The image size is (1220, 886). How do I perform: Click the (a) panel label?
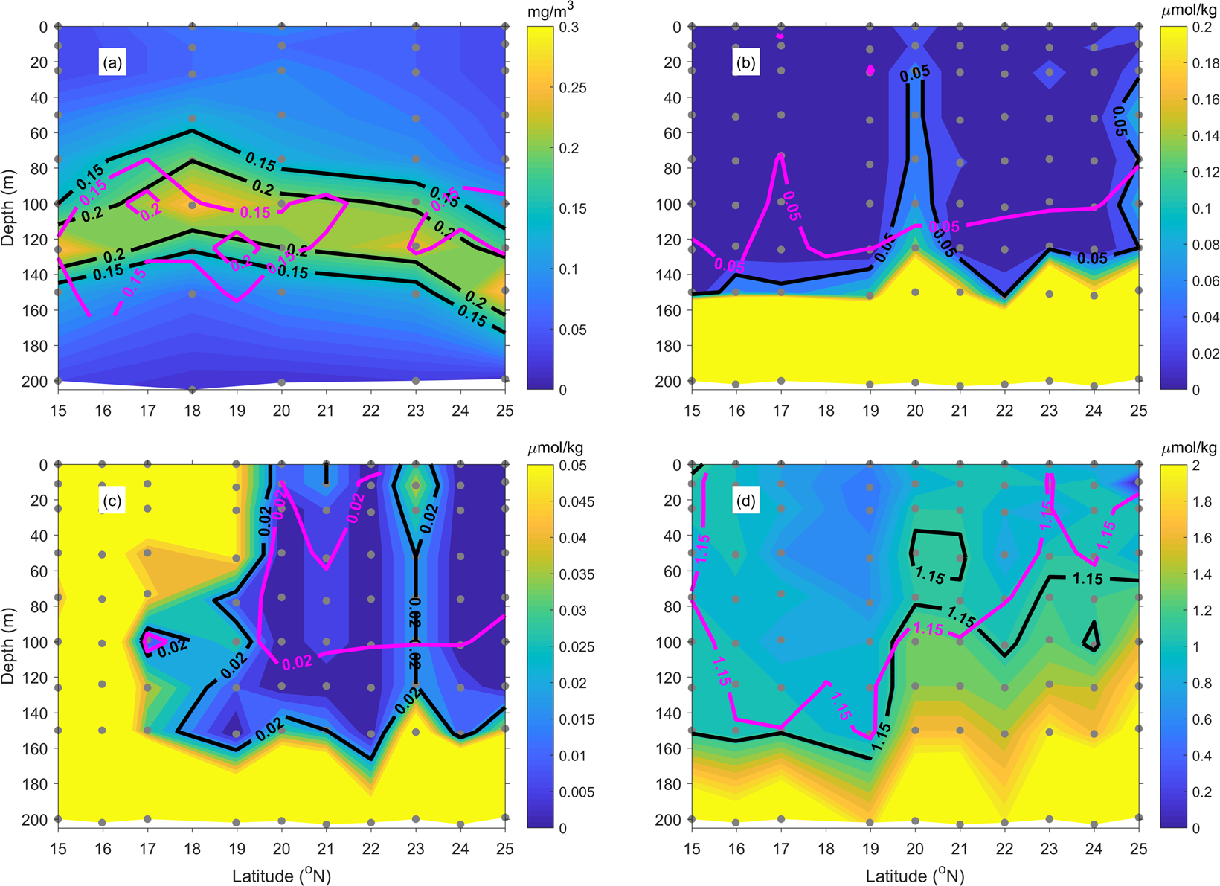(x=113, y=63)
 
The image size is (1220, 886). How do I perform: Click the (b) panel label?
(x=746, y=63)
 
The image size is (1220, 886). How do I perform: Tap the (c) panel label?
(x=113, y=501)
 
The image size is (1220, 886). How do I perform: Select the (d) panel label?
(x=746, y=501)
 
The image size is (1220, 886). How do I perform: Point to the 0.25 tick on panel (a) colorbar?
(x=572, y=88)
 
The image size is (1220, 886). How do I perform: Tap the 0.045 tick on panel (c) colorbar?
(x=576, y=502)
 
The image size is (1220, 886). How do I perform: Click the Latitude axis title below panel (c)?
(x=282, y=876)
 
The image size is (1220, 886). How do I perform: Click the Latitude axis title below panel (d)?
(x=915, y=876)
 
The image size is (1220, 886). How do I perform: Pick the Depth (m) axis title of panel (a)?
(x=8, y=203)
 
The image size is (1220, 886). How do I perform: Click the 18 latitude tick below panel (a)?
(x=192, y=411)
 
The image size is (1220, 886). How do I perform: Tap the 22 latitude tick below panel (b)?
(x=1004, y=411)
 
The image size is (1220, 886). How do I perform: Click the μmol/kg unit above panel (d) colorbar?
(x=1189, y=448)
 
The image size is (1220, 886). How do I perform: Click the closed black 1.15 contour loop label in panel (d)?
(x=930, y=575)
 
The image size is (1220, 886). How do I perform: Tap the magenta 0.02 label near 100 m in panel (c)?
(x=298, y=661)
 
